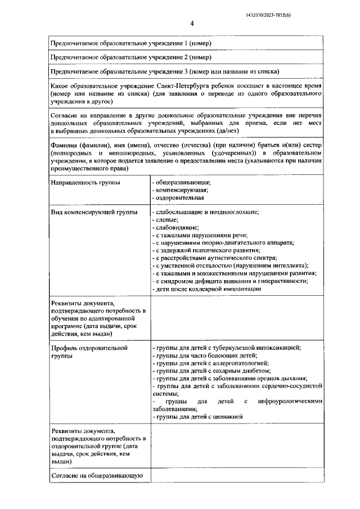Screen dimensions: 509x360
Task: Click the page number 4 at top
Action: [192, 24]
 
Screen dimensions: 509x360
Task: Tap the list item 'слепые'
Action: [165, 220]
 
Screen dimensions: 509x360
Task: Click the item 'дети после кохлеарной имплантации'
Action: [208, 289]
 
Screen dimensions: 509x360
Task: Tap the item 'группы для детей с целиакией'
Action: [197, 417]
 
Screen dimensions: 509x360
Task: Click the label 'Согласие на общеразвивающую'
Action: [96, 476]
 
